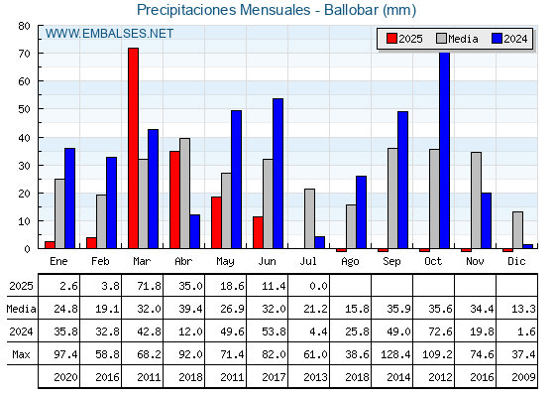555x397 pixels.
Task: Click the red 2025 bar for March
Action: coord(134,148)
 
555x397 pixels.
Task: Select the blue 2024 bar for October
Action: coord(445,150)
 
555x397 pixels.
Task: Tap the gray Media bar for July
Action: coord(309,218)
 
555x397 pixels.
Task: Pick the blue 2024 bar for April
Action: coord(194,231)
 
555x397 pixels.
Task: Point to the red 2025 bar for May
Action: coord(217,222)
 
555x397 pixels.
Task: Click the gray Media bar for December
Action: coord(517,230)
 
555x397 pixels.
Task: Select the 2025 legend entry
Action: coord(404,39)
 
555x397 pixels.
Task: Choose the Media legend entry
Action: coord(457,39)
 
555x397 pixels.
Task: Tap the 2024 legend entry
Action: coord(509,39)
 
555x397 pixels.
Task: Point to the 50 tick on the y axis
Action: coord(25,109)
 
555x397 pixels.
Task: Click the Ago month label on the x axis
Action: coord(350,262)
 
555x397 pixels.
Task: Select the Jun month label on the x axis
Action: coord(267,262)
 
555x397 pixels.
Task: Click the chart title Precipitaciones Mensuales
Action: coord(224,10)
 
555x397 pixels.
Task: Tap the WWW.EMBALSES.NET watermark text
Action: coord(109,34)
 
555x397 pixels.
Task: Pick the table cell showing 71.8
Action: coord(149,286)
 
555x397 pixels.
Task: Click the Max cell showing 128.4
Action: coord(395,354)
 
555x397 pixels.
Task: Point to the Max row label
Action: coord(21,354)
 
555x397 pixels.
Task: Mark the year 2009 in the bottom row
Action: coord(523,377)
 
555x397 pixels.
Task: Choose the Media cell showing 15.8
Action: coord(357,309)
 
